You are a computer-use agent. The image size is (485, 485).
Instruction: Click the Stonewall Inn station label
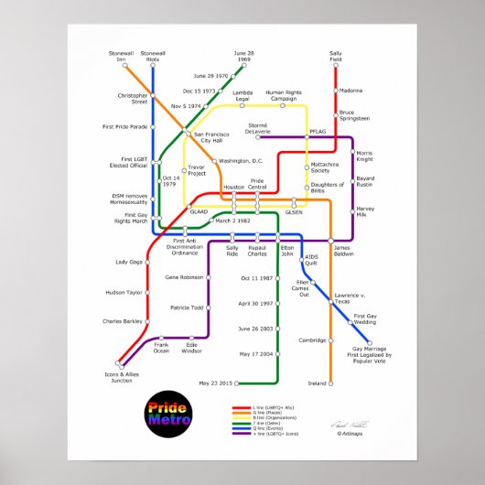[121, 57]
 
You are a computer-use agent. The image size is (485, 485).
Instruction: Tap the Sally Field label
[336, 57]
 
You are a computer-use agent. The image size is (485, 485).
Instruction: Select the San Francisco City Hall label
[212, 137]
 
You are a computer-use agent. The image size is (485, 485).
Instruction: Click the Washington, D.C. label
[241, 161]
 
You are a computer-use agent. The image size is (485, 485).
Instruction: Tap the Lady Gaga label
[129, 262]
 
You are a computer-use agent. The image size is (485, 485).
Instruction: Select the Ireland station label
[317, 383]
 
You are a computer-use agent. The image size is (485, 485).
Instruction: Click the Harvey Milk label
[365, 210]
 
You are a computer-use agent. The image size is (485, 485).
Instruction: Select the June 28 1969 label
[243, 57]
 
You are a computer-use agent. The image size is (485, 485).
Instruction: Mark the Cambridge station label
[312, 340]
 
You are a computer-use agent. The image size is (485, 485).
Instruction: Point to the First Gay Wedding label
[365, 319]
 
